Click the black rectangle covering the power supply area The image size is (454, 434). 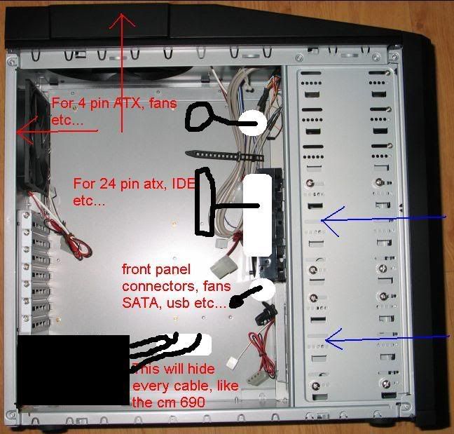(x=74, y=370)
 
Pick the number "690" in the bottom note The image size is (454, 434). (x=193, y=402)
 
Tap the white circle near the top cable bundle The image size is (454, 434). (x=253, y=123)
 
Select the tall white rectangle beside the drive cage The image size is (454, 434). (x=257, y=215)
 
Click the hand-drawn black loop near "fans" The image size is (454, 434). (x=199, y=118)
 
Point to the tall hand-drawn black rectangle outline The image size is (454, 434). (x=205, y=201)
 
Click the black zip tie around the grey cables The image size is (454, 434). (x=224, y=156)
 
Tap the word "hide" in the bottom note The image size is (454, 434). (x=201, y=369)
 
